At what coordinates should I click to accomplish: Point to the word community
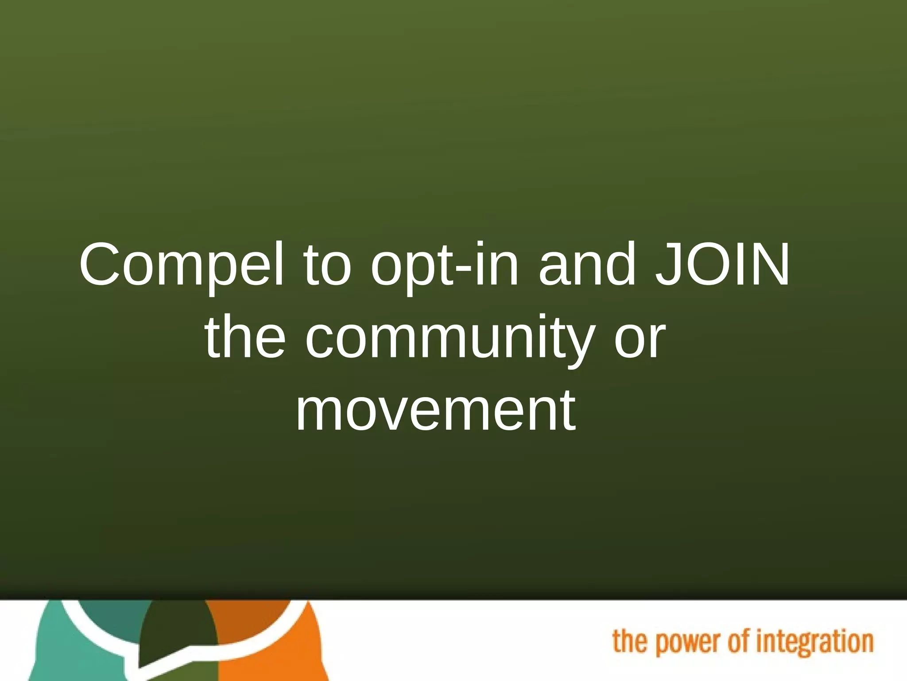(x=450, y=339)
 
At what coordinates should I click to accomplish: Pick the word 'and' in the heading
(x=588, y=265)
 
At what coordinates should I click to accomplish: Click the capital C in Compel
(x=101, y=265)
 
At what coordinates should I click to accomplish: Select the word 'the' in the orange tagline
(x=629, y=642)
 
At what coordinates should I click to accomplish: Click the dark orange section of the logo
(x=248, y=614)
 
